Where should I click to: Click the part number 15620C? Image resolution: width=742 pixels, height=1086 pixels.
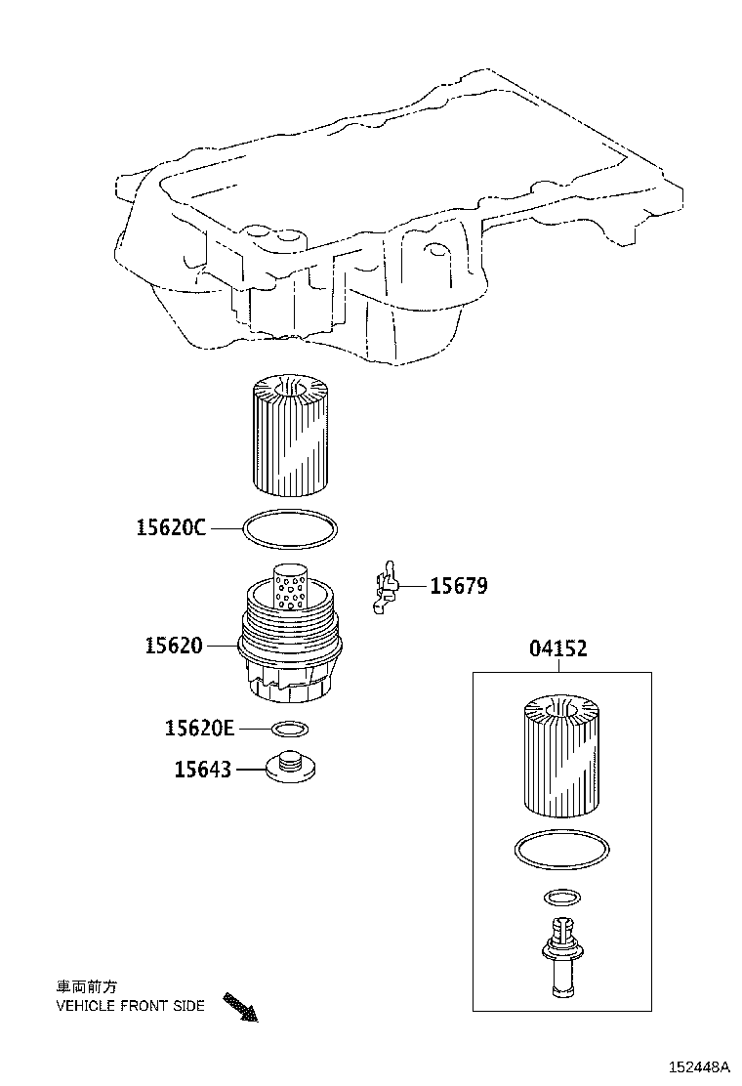(171, 528)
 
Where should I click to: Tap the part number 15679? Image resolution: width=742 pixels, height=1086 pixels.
(459, 586)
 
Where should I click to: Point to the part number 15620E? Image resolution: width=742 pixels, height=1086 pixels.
(199, 728)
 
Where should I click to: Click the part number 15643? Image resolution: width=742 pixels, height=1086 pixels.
(203, 770)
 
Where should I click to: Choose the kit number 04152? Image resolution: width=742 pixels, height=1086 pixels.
(558, 648)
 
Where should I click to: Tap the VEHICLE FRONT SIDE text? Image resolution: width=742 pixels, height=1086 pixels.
(130, 1005)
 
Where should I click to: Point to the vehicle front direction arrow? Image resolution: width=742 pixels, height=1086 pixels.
(240, 1007)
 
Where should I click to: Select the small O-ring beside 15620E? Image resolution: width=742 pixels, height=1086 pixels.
(290, 729)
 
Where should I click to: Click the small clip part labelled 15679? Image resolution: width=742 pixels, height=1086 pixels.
(387, 589)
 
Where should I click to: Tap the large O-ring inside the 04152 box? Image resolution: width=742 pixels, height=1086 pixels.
(560, 848)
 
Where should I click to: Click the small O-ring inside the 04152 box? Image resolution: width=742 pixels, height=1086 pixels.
(561, 897)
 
